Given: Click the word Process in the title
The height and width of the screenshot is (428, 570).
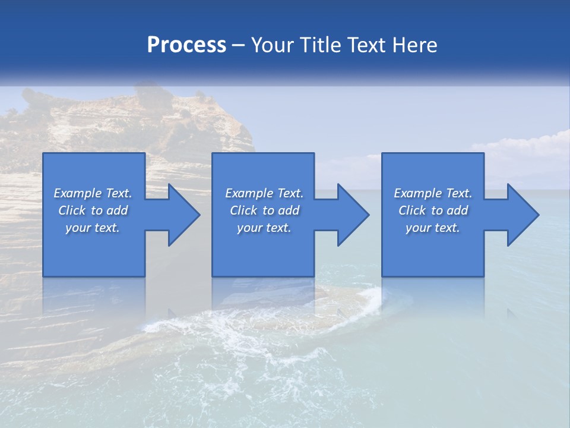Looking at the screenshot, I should pyautogui.click(x=186, y=45).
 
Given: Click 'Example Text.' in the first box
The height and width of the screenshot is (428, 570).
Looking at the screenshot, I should pyautogui.click(x=93, y=193).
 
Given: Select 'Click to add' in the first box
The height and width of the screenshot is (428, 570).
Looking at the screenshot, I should pyautogui.click(x=93, y=210).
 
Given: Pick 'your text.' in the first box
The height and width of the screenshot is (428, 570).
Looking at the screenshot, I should pyautogui.click(x=93, y=228).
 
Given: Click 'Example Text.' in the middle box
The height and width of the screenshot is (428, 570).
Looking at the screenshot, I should pyautogui.click(x=264, y=193).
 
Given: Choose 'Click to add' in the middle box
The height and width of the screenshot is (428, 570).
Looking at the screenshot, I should pyautogui.click(x=264, y=210).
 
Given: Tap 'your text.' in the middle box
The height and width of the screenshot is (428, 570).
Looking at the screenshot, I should pyautogui.click(x=264, y=228).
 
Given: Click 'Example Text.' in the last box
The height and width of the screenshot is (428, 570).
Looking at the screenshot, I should pyautogui.click(x=433, y=193).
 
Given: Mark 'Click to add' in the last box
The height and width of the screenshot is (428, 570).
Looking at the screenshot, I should pyautogui.click(x=433, y=210).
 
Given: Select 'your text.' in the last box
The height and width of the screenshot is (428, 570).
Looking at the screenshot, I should pyautogui.click(x=433, y=228).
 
